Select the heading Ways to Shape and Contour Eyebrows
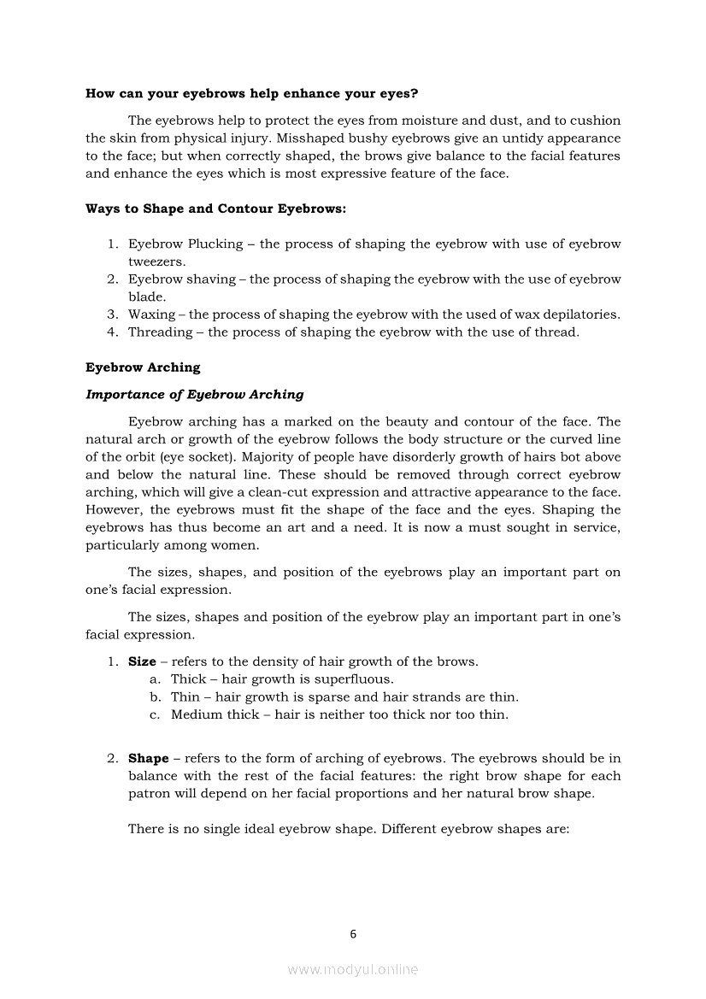click(215, 209)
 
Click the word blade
click(146, 297)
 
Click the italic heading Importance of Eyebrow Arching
click(194, 394)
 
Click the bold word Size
click(142, 661)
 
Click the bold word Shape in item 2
click(148, 759)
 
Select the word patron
click(149, 793)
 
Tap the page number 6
click(353, 934)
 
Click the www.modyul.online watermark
click(353, 970)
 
